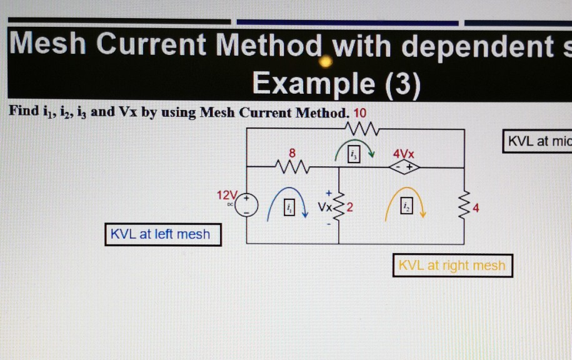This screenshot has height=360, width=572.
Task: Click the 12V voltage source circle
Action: click(x=246, y=206)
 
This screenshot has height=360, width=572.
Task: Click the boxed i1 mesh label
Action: click(x=289, y=208)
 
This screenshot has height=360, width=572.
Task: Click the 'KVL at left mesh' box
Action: click(x=163, y=234)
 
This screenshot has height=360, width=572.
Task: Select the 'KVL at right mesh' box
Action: click(x=453, y=266)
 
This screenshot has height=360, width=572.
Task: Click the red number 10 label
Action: click(x=360, y=113)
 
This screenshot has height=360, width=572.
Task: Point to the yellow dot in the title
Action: click(x=325, y=61)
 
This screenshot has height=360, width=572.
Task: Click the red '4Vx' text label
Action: click(x=403, y=153)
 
